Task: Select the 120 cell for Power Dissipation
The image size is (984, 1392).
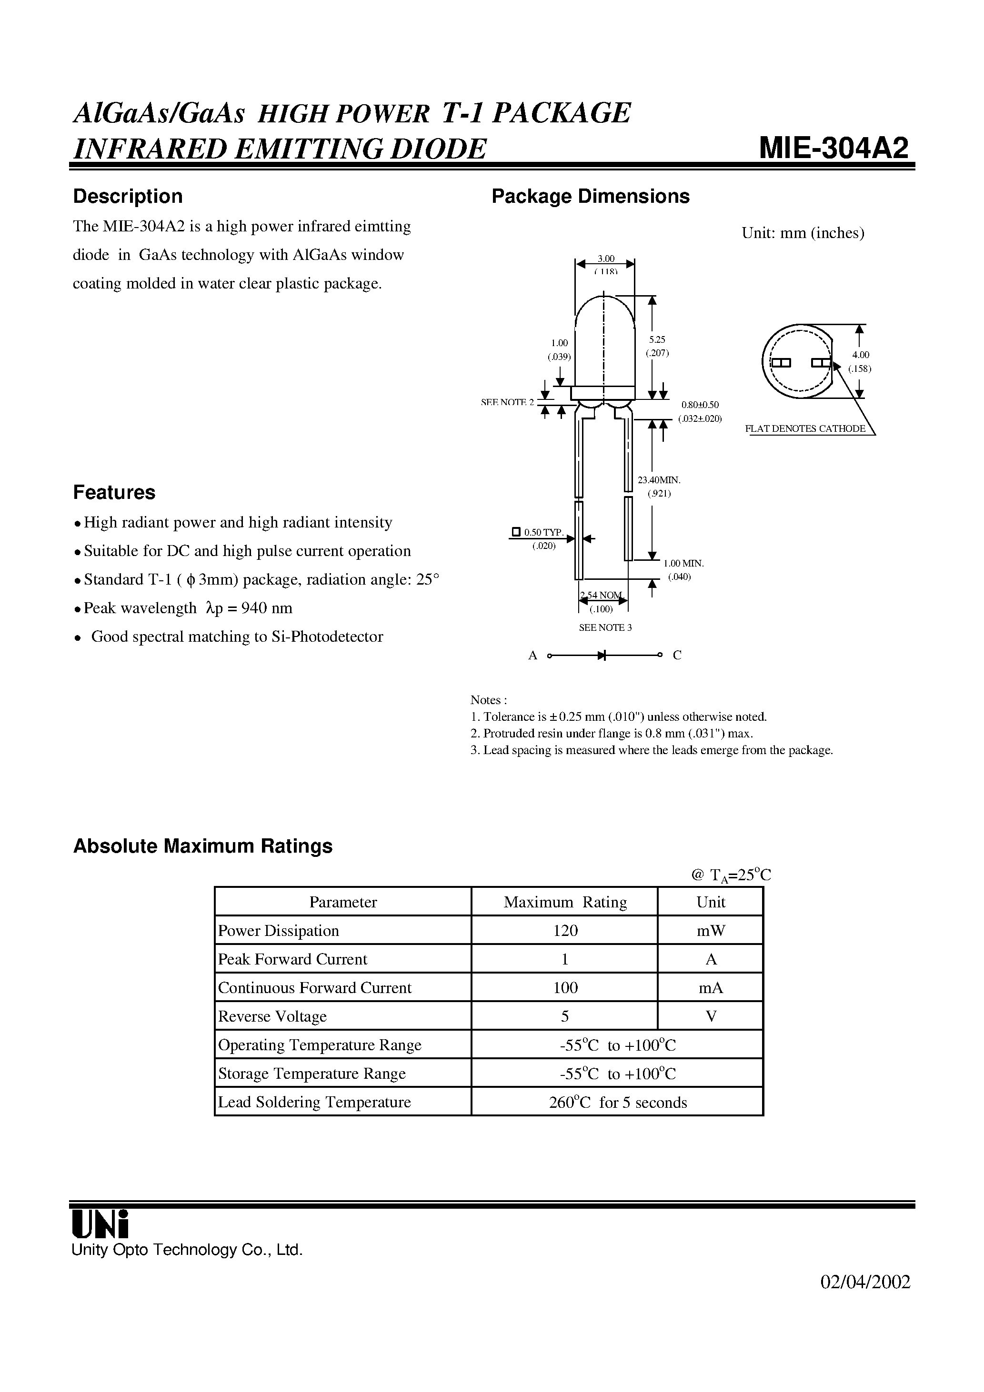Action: coord(565,931)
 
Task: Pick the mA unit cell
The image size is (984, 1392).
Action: coord(711,988)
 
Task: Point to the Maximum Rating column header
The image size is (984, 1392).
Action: coord(565,902)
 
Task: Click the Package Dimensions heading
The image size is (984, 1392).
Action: coord(590,197)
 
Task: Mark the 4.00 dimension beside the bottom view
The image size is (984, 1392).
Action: coord(860,355)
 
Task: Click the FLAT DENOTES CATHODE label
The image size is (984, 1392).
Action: coord(805,428)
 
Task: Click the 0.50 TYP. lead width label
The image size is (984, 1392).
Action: coord(543,532)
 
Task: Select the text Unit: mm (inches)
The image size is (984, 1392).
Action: coord(803,233)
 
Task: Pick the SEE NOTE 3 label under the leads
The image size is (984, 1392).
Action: coord(605,627)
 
